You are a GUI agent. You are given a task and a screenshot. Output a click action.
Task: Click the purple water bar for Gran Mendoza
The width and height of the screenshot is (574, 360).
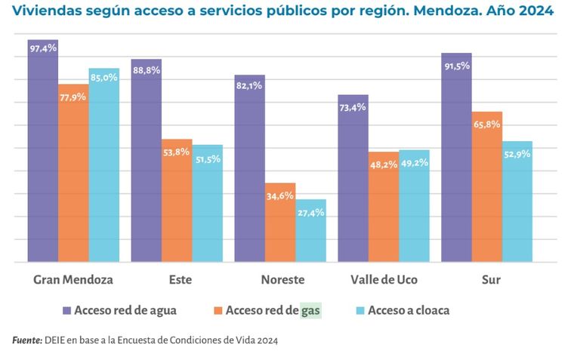[42, 151]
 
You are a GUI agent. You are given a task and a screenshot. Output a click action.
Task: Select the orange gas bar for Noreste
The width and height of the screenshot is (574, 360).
[280, 223]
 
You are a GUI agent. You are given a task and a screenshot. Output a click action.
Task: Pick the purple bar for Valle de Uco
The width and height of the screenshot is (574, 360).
[353, 178]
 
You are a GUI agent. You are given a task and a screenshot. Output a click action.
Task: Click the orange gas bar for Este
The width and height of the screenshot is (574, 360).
[177, 200]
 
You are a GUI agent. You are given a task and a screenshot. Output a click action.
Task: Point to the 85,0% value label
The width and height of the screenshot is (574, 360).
[103, 77]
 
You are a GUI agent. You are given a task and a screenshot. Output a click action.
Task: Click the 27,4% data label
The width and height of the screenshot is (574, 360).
[310, 213]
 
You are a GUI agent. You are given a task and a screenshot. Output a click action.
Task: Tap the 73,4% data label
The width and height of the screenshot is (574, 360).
[353, 107]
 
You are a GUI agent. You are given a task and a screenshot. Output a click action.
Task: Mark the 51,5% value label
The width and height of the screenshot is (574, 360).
[207, 158]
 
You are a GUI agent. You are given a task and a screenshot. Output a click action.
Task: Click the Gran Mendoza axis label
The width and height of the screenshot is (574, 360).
[73, 280]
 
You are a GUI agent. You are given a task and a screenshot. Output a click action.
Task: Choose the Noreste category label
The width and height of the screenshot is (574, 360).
[282, 280]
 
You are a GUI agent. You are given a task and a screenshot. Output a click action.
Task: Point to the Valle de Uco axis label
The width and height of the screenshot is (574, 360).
[383, 280]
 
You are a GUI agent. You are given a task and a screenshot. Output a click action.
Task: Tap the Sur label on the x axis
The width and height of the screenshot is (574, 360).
[491, 280]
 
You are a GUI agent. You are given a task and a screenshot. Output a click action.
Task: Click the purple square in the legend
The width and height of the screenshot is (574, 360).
[66, 309]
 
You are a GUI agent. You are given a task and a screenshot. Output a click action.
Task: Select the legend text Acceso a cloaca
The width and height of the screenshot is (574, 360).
[409, 309]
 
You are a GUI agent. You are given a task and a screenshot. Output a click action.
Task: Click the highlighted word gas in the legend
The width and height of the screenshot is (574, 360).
[310, 309]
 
